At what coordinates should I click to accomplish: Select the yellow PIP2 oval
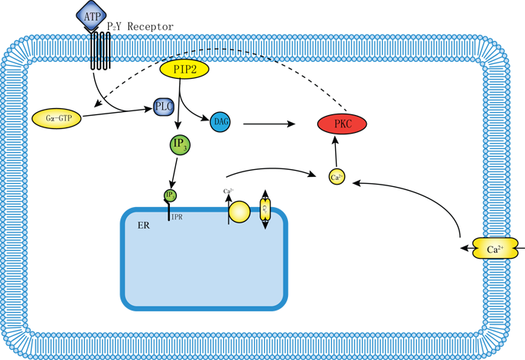(x=184, y=69)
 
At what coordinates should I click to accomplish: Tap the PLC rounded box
(x=163, y=107)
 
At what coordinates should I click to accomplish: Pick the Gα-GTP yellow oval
(x=56, y=119)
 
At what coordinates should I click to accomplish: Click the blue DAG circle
(x=220, y=121)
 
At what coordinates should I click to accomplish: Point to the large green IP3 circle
(x=180, y=144)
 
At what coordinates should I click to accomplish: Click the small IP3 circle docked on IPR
(x=170, y=195)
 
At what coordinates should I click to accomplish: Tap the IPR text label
(x=176, y=218)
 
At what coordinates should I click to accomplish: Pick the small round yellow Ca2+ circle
(x=337, y=177)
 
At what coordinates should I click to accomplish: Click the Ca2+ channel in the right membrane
(x=495, y=249)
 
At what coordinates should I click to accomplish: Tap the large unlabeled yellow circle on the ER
(x=239, y=212)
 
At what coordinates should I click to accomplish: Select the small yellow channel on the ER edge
(x=265, y=209)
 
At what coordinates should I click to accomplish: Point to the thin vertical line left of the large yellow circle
(x=229, y=215)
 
